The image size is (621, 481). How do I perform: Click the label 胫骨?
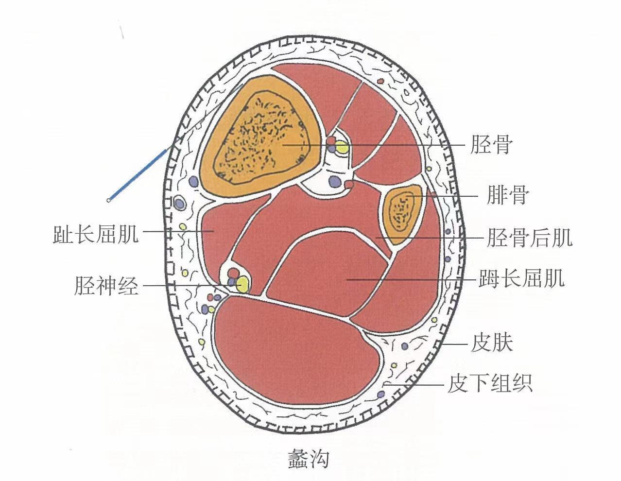tap(491, 145)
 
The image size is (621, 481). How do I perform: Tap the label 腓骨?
tap(507, 196)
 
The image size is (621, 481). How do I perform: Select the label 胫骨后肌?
tap(529, 238)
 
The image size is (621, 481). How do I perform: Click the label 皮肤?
tap(492, 343)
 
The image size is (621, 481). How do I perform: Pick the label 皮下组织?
tap(490, 383)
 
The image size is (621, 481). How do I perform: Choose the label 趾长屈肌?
tap(96, 234)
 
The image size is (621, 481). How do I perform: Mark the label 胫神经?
tap(106, 286)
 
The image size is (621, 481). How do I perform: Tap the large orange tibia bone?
tap(262, 136)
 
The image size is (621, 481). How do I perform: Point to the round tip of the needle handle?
tap(109, 199)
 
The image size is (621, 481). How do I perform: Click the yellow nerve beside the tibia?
tap(343, 147)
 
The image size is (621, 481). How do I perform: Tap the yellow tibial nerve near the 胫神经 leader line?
tap(242, 285)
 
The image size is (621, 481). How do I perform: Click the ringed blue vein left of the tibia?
tap(180, 203)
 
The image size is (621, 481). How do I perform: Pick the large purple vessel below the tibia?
tap(334, 182)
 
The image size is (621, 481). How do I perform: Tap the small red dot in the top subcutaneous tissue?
tap(381, 80)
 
